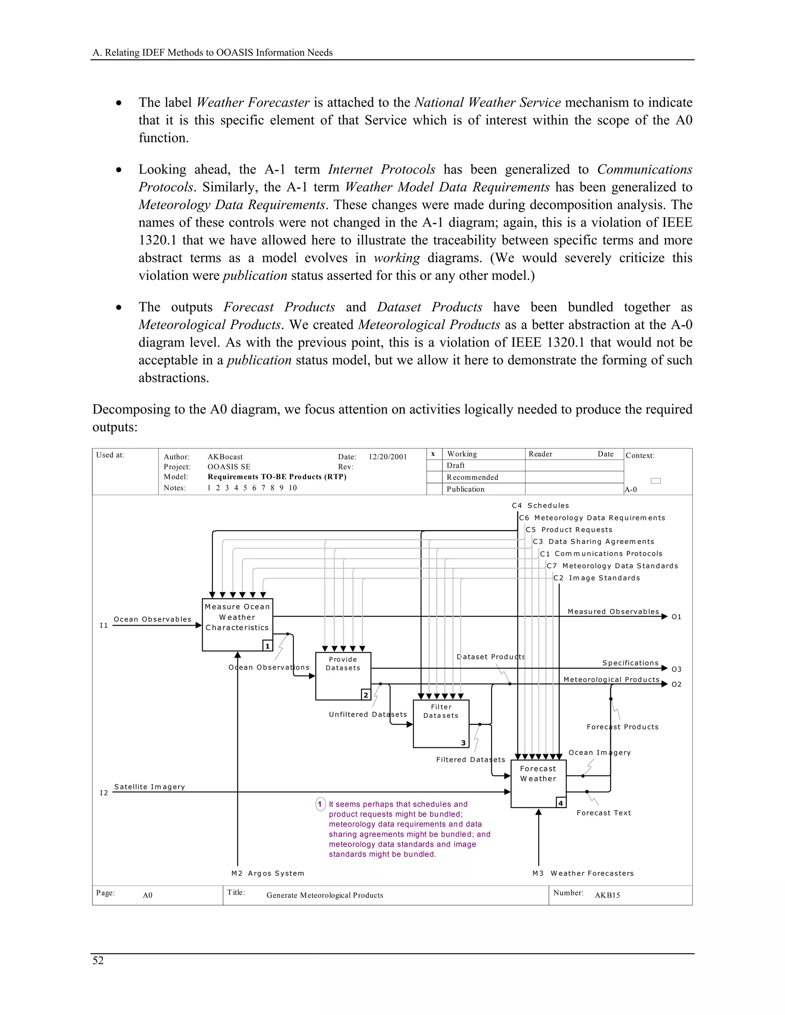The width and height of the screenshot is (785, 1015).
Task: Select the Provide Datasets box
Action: [343, 676]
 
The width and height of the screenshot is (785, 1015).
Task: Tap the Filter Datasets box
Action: [440, 724]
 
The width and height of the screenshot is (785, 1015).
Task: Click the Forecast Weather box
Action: [538, 784]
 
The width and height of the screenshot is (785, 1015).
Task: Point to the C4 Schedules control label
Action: [540, 506]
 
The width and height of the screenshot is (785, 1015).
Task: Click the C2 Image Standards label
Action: [597, 578]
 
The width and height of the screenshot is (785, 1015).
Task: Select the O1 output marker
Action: [676, 617]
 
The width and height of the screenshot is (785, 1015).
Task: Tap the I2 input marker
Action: [104, 793]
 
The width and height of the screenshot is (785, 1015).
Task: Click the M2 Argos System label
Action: [268, 873]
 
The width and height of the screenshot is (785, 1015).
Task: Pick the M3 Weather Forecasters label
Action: [583, 873]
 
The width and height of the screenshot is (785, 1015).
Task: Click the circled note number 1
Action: [320, 804]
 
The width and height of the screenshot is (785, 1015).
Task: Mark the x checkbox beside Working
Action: [434, 454]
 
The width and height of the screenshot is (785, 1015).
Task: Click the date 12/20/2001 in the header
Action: [388, 457]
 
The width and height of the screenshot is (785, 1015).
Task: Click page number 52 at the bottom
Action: [98, 961]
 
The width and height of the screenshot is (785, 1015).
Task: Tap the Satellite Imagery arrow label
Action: [149, 787]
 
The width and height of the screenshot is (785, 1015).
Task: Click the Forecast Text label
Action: [604, 813]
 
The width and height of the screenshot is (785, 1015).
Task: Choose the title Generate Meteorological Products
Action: [325, 895]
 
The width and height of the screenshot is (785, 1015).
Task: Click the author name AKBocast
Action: [225, 457]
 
